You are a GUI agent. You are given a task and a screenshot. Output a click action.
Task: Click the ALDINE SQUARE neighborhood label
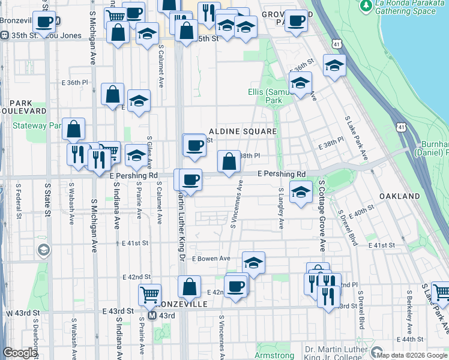pyautogui.click(x=243, y=131)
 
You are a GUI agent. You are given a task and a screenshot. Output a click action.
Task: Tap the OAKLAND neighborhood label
pyautogui.click(x=400, y=196)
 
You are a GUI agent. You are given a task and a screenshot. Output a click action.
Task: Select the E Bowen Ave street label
pyautogui.click(x=211, y=258)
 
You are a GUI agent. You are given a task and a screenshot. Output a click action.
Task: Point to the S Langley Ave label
pyautogui.click(x=281, y=208)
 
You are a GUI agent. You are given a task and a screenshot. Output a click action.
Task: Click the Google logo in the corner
pyautogui.click(x=20, y=353)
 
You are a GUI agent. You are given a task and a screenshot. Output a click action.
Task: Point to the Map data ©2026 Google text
pyautogui.click(x=411, y=355)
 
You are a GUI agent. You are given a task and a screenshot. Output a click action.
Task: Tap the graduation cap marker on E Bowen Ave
pyautogui.click(x=253, y=263)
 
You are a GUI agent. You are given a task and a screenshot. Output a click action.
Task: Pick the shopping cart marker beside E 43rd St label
pyautogui.click(x=149, y=295)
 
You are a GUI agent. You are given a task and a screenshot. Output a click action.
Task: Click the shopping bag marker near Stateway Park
pyautogui.click(x=73, y=129)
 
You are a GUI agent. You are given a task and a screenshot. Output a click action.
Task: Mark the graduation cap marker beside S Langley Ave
pyautogui.click(x=301, y=192)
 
